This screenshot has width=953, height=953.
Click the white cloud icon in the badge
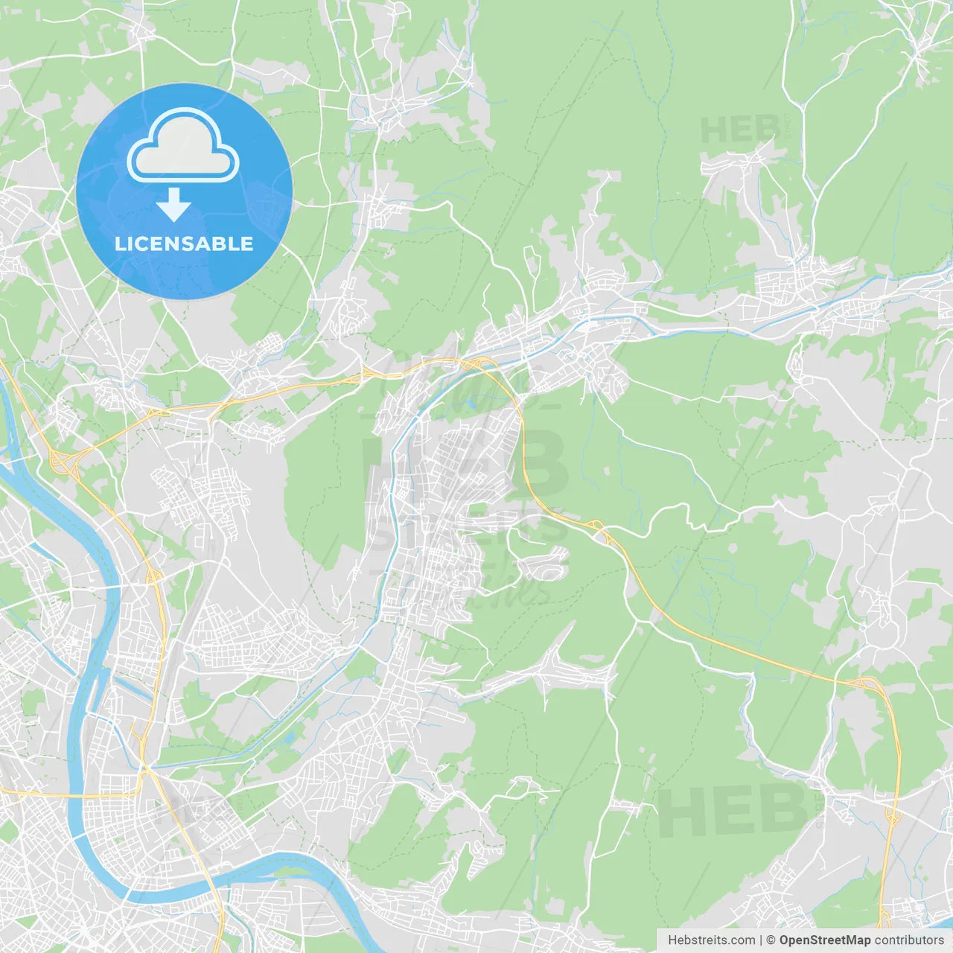(183, 145)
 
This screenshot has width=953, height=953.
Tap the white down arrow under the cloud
(173, 205)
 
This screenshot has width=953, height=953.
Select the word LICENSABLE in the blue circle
(184, 244)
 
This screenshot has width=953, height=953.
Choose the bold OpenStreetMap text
(825, 940)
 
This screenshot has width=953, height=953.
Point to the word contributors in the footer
(909, 940)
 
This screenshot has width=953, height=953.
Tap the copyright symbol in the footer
(771, 940)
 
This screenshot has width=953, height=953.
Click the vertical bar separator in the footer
(761, 940)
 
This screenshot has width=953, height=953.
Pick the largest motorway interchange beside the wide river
(63, 462)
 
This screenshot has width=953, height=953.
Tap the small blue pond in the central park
(470, 406)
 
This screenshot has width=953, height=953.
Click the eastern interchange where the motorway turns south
(864, 683)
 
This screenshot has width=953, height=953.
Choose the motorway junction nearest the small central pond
(476, 363)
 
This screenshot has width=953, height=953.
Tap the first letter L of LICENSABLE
(119, 244)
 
